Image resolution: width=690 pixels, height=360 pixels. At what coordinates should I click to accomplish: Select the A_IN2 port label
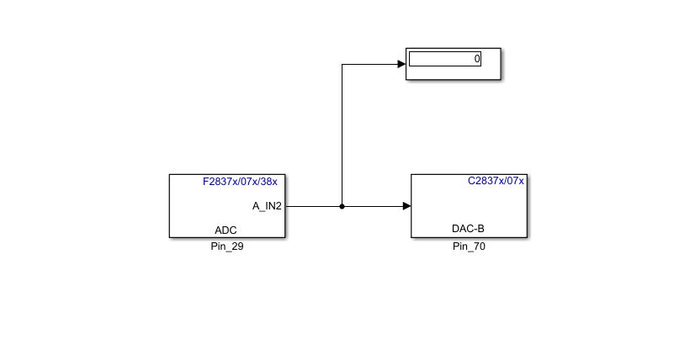coord(267,205)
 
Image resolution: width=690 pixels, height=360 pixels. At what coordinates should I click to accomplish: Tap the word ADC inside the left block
coord(226,230)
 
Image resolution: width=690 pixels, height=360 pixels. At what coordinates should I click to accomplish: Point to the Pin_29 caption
coord(226,246)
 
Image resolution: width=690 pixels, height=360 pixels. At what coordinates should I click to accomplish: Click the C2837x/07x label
coord(496,181)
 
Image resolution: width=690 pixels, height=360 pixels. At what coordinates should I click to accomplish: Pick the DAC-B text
coord(468,229)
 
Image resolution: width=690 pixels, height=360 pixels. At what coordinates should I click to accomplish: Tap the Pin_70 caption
coord(469,246)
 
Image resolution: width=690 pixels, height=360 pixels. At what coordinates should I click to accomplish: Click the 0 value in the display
coord(477,59)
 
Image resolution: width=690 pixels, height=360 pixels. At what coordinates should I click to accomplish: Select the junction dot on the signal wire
coord(342,206)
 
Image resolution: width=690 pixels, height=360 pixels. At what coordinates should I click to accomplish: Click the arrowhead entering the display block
coord(401,64)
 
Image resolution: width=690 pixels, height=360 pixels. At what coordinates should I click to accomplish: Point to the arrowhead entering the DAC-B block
coord(406,206)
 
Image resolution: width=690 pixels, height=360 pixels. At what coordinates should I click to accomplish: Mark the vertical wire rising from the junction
coord(342,135)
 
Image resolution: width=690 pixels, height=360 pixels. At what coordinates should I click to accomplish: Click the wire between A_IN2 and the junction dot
coord(313,206)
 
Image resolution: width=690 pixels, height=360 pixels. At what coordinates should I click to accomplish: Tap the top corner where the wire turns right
coord(342,64)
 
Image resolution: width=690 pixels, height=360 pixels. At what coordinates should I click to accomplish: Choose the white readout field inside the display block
coord(442,59)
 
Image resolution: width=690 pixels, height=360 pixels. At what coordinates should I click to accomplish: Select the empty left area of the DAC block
coord(433,206)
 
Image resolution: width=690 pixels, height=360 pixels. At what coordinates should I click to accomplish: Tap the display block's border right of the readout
coord(491,63)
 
